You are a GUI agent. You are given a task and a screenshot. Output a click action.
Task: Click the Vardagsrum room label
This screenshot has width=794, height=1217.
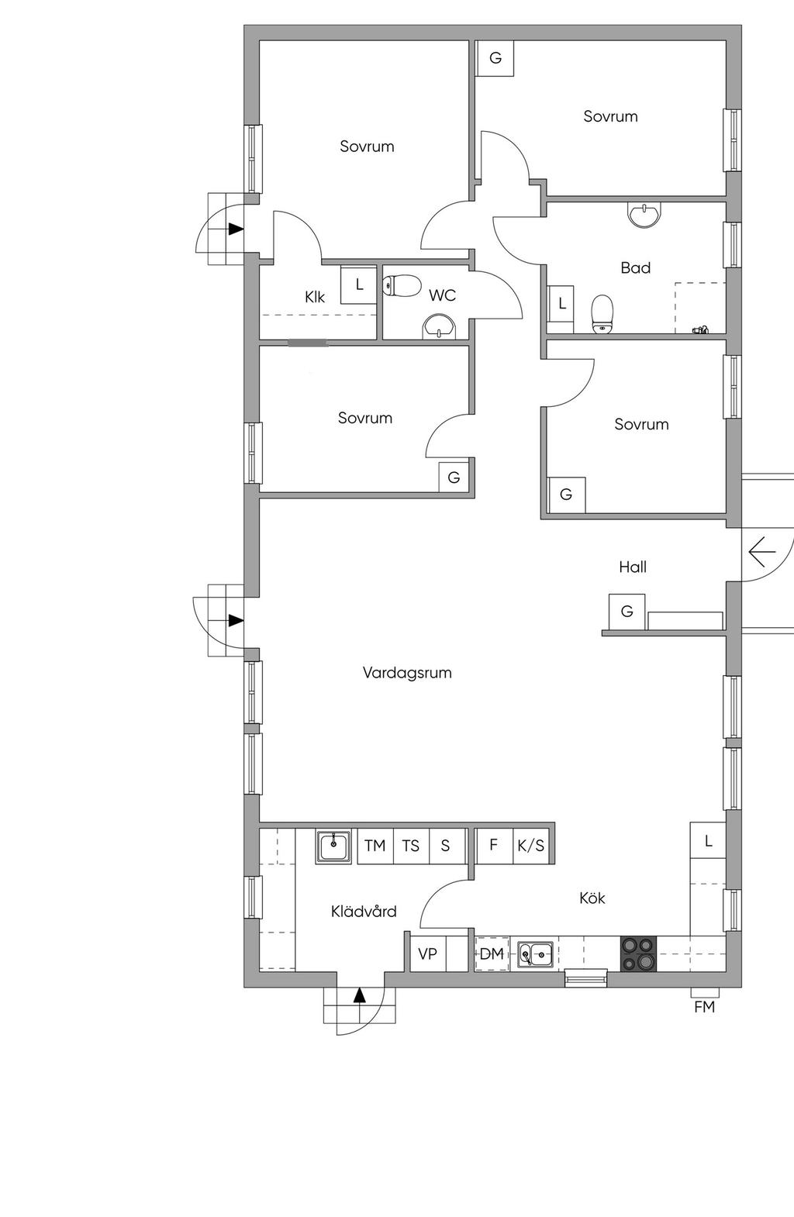click(x=407, y=673)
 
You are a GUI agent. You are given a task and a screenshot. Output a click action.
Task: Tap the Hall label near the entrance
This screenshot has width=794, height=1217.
click(x=633, y=567)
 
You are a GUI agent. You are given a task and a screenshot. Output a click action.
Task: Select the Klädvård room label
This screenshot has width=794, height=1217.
click(x=364, y=911)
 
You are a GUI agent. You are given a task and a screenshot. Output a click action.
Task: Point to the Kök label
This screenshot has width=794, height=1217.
click(x=592, y=898)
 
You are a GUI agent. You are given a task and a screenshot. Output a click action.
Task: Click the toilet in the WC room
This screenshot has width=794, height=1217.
click(x=402, y=285)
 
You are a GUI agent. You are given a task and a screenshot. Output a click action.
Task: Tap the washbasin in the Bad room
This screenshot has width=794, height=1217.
click(x=644, y=214)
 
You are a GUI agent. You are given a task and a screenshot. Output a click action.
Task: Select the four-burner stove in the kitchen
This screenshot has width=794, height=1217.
click(x=639, y=954)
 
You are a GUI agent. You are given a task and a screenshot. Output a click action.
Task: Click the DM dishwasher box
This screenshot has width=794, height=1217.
click(x=492, y=954)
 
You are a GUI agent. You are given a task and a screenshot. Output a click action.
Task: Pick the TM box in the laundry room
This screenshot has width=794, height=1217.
click(x=375, y=846)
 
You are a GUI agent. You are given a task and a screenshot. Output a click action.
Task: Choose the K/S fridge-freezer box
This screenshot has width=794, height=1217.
click(x=531, y=846)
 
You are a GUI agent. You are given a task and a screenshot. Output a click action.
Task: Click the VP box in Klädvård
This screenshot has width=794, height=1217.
click(x=428, y=954)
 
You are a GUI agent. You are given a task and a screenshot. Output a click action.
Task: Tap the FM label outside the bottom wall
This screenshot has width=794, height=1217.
click(x=704, y=1007)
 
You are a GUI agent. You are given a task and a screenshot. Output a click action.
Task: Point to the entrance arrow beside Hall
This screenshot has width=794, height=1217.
click(x=761, y=553)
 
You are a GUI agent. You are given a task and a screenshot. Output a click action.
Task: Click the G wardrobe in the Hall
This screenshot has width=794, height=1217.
click(x=627, y=612)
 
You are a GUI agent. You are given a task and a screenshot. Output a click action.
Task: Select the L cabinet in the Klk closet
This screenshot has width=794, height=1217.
click(x=359, y=284)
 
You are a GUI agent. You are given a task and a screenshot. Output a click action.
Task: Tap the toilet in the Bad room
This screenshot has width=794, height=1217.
click(x=602, y=313)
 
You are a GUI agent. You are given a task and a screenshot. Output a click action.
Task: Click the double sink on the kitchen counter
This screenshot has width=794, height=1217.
click(x=535, y=954)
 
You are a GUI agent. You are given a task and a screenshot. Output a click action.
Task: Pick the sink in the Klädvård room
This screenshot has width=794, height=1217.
click(x=333, y=846)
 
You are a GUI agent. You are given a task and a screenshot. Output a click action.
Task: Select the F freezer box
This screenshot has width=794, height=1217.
click(x=494, y=846)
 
